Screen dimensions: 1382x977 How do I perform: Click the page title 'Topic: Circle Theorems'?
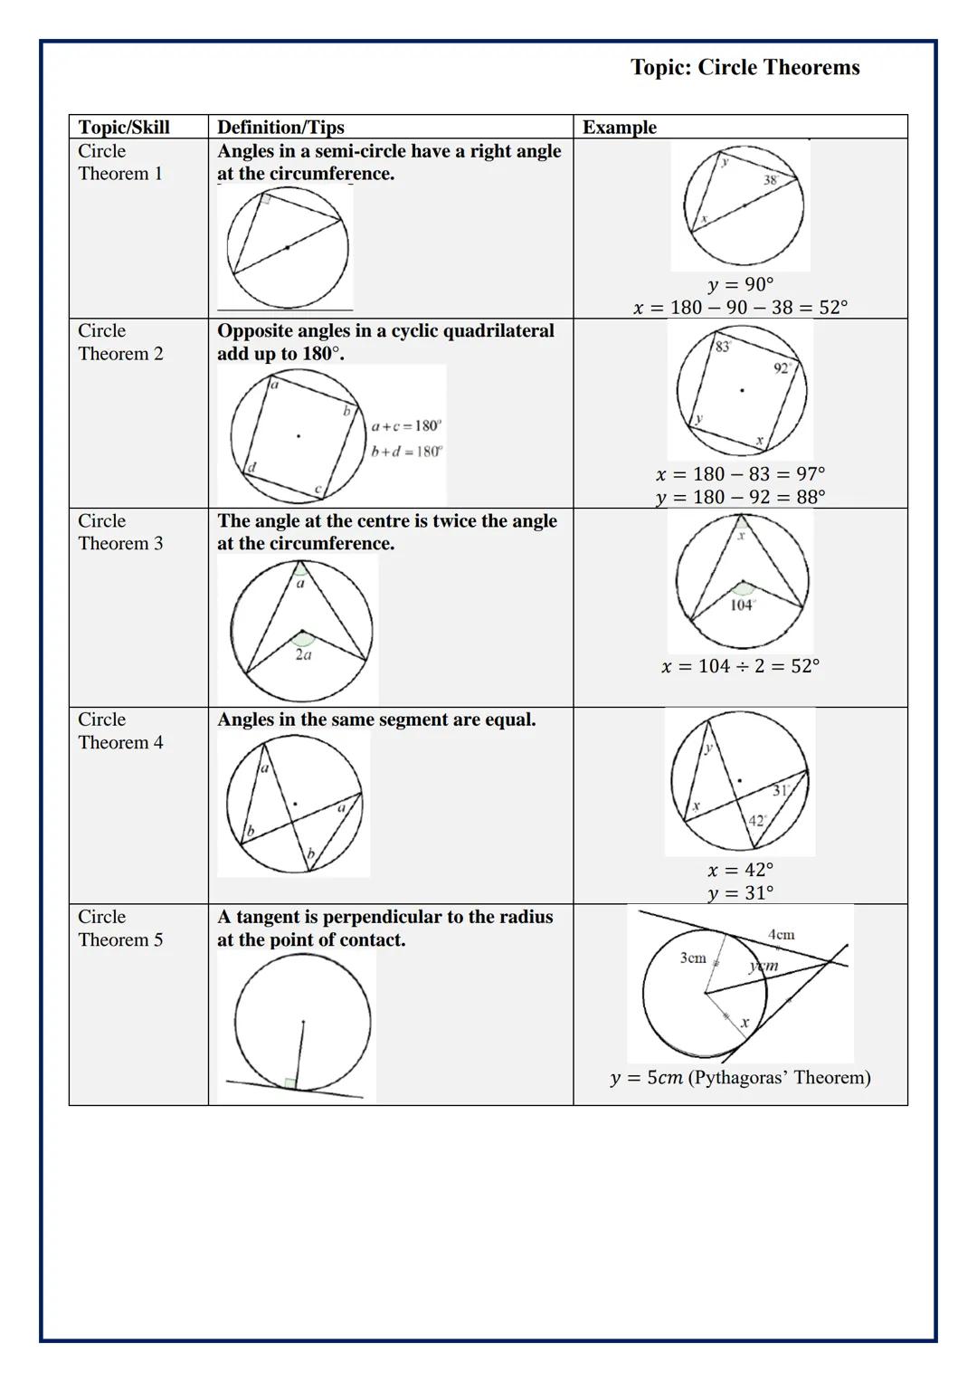[745, 68]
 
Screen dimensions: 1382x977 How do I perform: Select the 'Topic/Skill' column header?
[124, 127]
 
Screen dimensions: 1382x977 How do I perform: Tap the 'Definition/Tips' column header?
[280, 127]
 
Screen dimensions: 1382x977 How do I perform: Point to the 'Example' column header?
[620, 127]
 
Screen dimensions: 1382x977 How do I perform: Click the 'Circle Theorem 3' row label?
[120, 532]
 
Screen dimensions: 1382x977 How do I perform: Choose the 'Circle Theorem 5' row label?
[120, 928]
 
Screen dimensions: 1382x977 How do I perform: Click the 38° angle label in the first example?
[771, 180]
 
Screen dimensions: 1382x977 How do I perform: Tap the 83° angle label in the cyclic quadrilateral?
[723, 347]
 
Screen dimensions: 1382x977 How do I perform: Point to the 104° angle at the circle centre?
[742, 605]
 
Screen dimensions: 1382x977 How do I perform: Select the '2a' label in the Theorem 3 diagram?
[303, 654]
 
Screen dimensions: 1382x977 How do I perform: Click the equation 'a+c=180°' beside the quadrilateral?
[406, 425]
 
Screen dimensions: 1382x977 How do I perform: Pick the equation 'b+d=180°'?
[406, 452]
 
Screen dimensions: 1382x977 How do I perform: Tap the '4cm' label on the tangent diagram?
[781, 934]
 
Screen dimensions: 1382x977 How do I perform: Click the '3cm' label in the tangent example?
[693, 958]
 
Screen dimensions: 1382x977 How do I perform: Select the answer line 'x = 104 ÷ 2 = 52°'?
[740, 666]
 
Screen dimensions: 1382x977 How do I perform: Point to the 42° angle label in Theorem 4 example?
[757, 820]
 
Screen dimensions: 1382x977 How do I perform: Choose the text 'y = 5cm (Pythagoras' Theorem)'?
[740, 1078]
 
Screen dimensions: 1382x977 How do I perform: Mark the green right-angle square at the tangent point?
[289, 1083]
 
